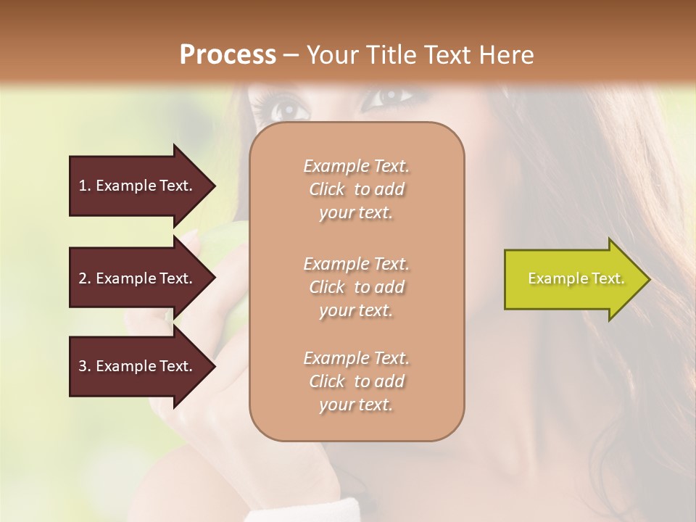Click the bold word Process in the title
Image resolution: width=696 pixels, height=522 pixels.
click(228, 55)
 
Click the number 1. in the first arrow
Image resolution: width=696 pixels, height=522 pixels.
click(85, 186)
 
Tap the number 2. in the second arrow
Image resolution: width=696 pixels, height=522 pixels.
click(85, 278)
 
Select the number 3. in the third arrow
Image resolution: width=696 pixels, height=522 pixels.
click(85, 366)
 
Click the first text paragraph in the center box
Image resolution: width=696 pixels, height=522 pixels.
click(357, 189)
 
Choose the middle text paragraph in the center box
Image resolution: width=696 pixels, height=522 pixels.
click(357, 287)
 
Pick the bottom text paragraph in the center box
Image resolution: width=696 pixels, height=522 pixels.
click(357, 381)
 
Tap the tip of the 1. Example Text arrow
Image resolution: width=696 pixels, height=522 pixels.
click(214, 186)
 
